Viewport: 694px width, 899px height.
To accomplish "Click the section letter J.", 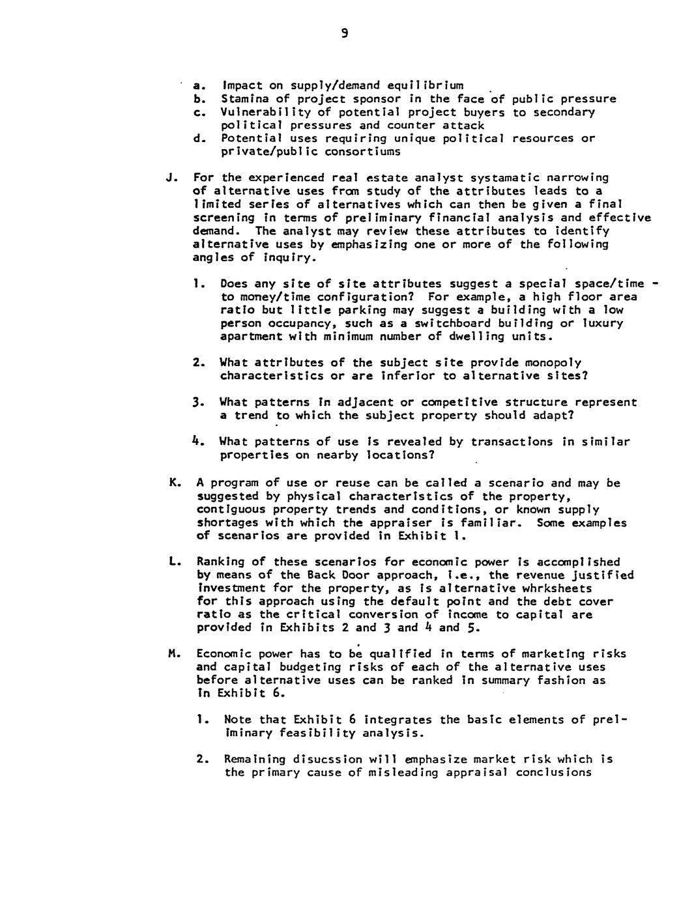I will pyautogui.click(x=170, y=178).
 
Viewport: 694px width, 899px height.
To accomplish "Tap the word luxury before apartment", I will pyautogui.click(x=602, y=324).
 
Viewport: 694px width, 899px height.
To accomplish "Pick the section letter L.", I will pyautogui.click(x=173, y=562).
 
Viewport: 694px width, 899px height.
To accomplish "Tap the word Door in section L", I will pyautogui.click(x=339, y=575).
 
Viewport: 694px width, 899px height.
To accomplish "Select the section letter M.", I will pyautogui.click(x=173, y=654).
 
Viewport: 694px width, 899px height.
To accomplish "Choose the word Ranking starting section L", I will pyautogui.click(x=221, y=562).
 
